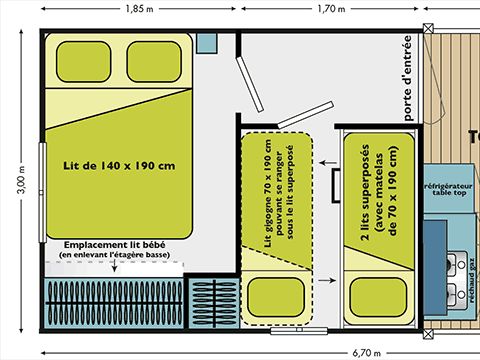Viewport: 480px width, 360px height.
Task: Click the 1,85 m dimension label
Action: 139,9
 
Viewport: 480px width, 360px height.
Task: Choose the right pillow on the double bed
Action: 154,64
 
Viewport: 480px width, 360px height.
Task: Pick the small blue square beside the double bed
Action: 207,44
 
